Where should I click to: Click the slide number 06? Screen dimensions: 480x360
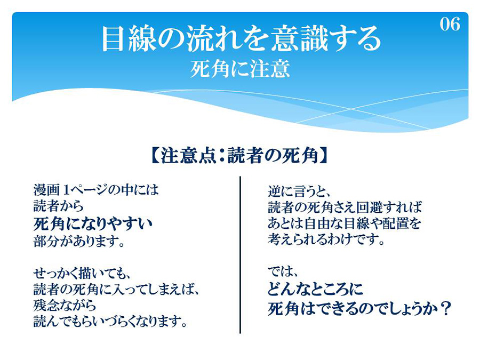(x=450, y=24)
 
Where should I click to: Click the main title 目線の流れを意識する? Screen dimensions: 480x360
(x=241, y=39)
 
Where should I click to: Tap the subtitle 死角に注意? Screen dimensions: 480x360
(x=239, y=69)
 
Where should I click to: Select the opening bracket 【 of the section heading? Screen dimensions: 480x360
(x=156, y=156)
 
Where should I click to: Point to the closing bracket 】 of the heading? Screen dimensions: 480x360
(x=324, y=156)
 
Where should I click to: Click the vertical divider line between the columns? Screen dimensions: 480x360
(x=241, y=255)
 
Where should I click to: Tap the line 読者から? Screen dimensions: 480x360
(x=59, y=206)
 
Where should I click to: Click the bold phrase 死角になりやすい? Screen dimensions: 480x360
(x=93, y=224)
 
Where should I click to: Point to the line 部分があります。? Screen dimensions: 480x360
(x=79, y=242)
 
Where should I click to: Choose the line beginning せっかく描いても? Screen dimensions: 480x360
(x=82, y=273)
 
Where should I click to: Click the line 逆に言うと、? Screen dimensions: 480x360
(x=299, y=192)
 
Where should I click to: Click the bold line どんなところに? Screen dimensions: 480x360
(x=315, y=289)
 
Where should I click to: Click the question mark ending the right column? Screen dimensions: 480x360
(x=444, y=308)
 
